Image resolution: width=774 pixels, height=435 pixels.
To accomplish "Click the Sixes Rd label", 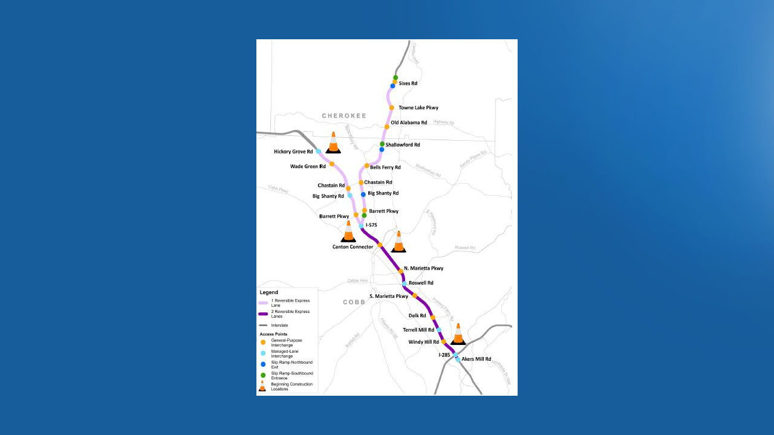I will (x=408, y=83).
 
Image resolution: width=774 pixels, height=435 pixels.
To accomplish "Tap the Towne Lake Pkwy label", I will (x=418, y=108).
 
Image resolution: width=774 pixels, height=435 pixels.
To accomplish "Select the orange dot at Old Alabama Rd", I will (x=387, y=127).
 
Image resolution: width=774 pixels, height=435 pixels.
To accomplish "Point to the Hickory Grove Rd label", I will (x=293, y=152).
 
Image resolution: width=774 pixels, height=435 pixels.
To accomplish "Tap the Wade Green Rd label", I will (x=308, y=166).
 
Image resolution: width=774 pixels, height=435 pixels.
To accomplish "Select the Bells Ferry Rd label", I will (x=385, y=167).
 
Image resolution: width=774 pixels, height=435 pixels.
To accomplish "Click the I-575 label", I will (x=371, y=225).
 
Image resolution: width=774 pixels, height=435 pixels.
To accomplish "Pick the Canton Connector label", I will (x=353, y=246).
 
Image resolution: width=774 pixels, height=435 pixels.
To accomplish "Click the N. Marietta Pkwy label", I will (x=423, y=268).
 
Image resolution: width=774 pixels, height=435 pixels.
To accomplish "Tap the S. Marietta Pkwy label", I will (x=389, y=296).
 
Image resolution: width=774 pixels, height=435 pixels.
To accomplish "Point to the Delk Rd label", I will (x=417, y=315).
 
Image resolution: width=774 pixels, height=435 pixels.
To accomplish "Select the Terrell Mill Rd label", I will (x=418, y=330).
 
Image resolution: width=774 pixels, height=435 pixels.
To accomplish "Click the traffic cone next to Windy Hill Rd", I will (x=458, y=334).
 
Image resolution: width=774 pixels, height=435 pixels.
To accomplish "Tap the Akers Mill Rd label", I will (x=476, y=359).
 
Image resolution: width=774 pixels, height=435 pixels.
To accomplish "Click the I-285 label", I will (x=444, y=355).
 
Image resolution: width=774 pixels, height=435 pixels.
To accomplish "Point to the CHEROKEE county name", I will (x=344, y=115).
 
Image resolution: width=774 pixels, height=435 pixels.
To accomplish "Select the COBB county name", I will (x=354, y=302).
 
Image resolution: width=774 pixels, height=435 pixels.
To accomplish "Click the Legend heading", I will (x=269, y=292).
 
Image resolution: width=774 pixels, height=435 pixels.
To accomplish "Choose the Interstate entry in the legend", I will (x=279, y=325).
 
